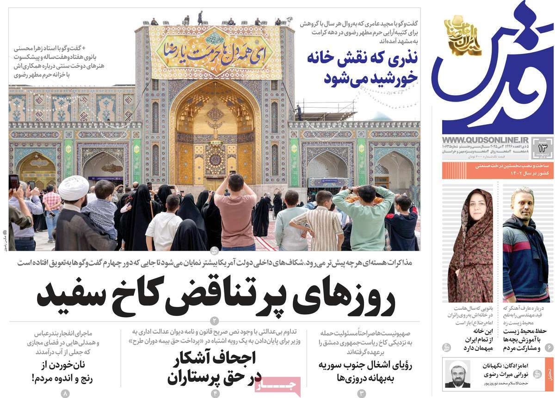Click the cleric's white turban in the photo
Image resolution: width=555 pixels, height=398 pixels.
(x=74, y=185)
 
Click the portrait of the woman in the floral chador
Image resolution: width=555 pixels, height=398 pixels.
(x=470, y=245)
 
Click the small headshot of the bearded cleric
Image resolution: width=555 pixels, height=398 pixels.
(x=457, y=373)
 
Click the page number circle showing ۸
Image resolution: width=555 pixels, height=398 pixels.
(x=65, y=393)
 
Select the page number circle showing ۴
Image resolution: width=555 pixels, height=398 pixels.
(x=215, y=393)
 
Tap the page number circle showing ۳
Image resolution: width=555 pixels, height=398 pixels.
(x=362, y=393)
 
